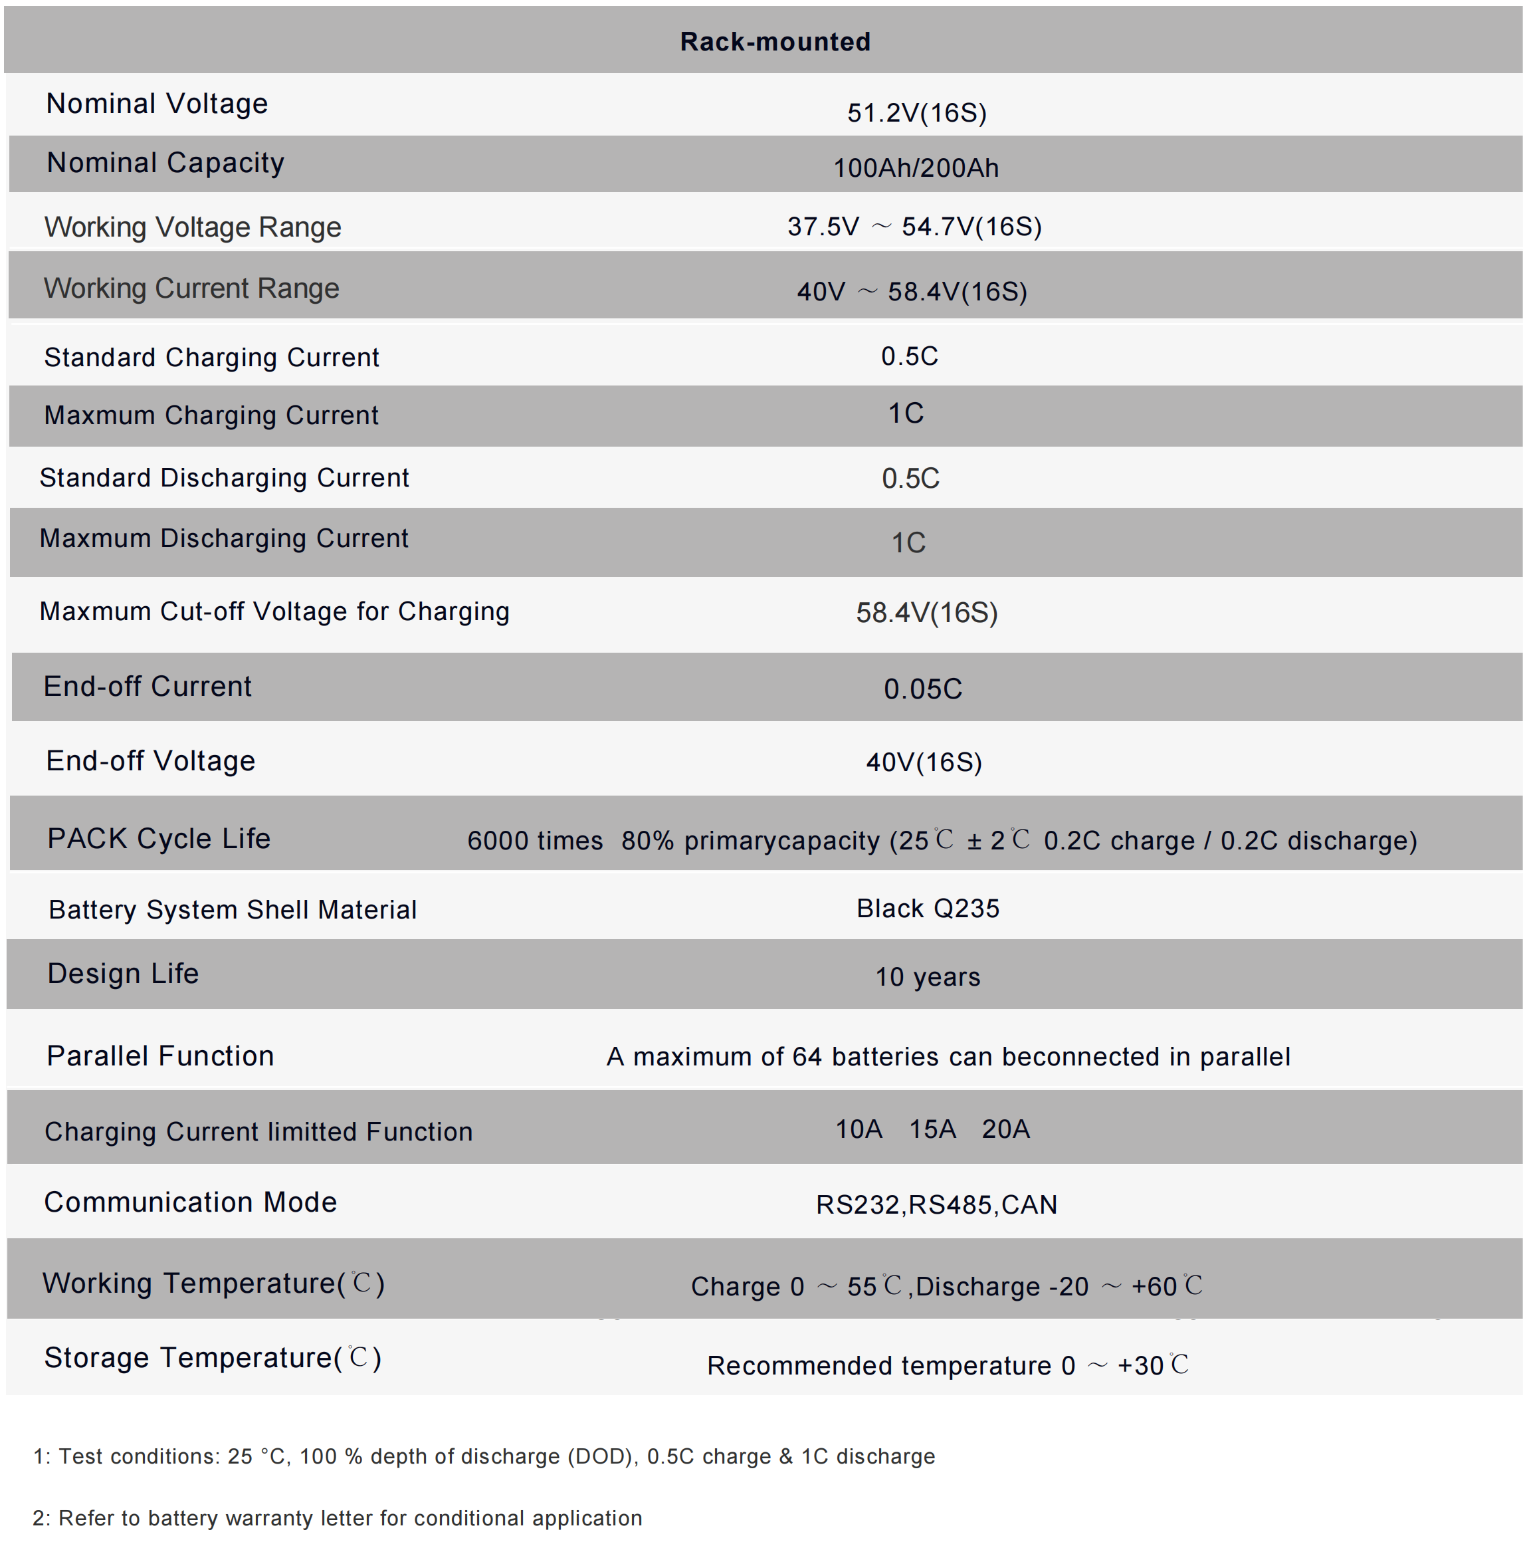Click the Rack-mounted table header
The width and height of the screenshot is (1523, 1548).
774,42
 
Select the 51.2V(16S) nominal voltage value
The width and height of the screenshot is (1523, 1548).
917,113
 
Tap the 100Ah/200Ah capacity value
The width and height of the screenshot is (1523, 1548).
916,168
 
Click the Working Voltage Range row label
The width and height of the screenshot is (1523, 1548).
193,227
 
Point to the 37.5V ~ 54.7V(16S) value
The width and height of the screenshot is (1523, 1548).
914,227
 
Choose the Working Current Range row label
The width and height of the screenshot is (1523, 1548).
191,288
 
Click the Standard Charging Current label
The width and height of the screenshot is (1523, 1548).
211,357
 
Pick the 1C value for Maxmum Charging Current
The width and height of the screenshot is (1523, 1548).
906,413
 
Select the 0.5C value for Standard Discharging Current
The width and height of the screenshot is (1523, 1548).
910,479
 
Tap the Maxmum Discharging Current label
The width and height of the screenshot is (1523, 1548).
224,538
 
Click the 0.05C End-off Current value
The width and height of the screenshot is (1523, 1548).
922,689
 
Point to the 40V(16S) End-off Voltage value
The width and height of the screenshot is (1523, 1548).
924,762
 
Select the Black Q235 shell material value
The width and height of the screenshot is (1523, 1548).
928,908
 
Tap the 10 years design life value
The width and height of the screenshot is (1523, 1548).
927,977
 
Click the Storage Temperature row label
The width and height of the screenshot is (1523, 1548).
212,1358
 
